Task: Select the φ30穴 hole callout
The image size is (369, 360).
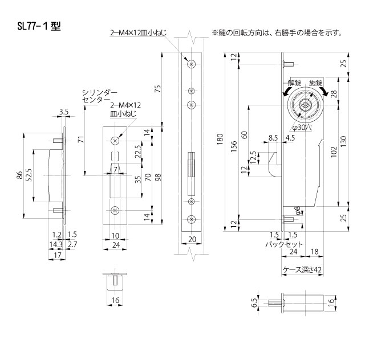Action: tap(301, 128)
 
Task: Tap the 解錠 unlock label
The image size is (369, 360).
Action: tap(296, 83)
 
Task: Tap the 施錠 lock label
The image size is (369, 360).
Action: tap(316, 83)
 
